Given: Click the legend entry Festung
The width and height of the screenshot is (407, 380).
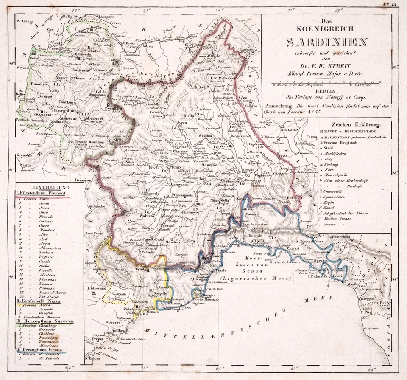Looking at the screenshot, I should coord(333,162).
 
